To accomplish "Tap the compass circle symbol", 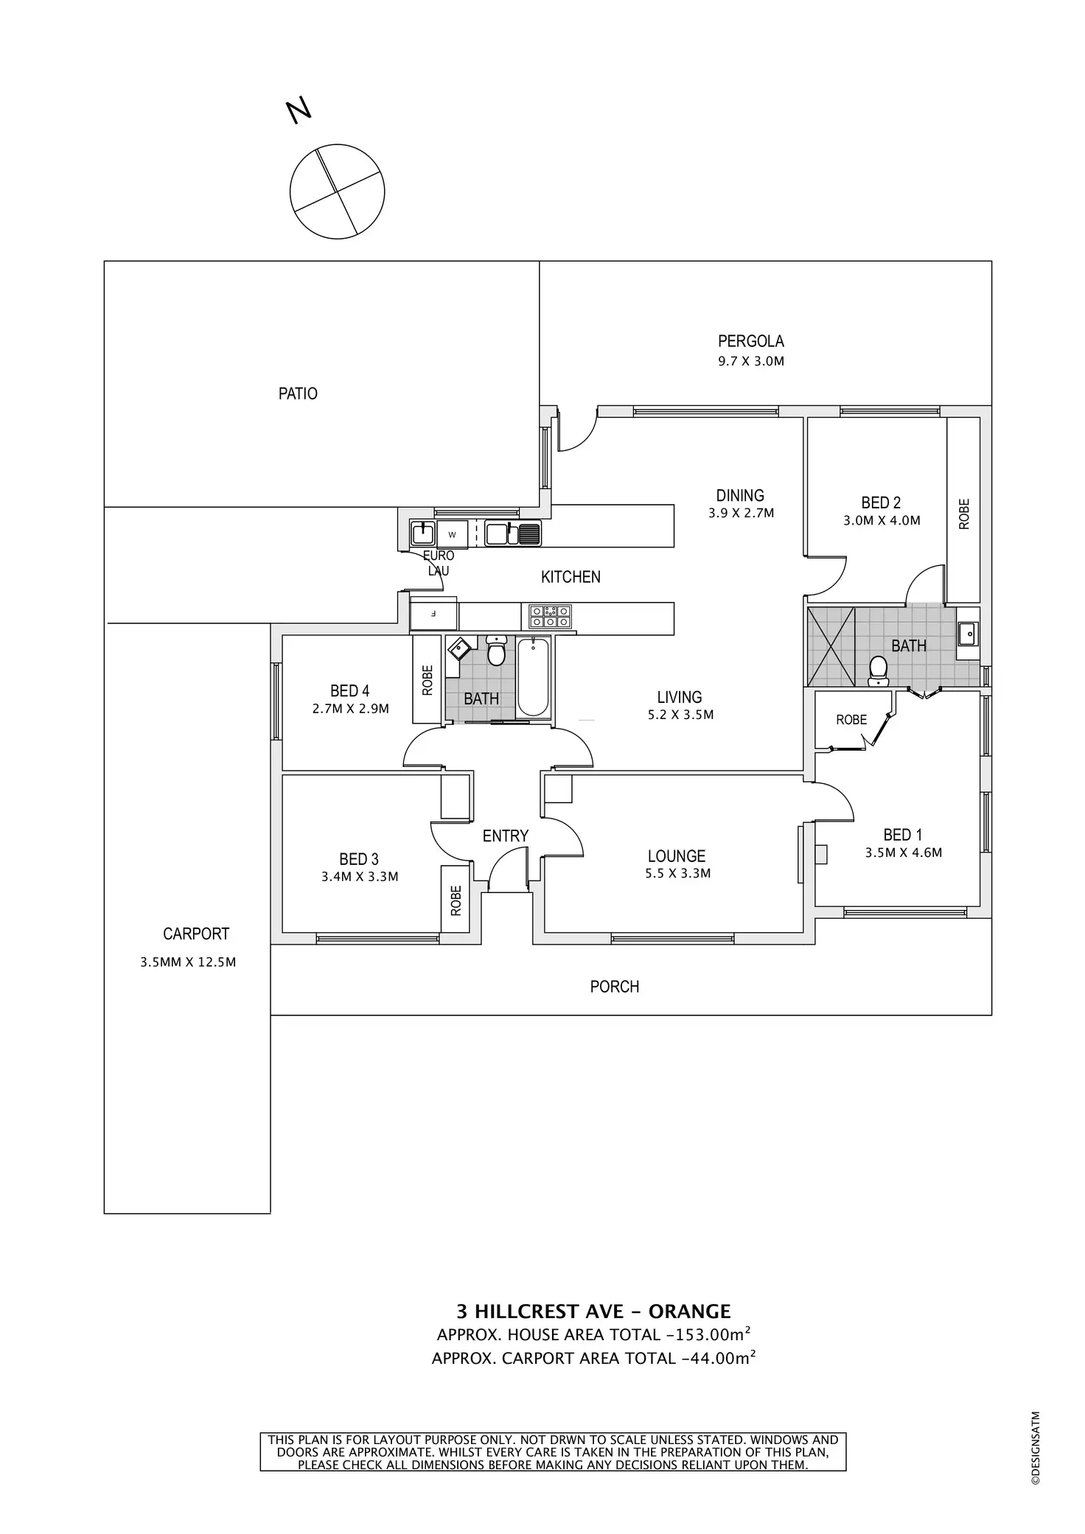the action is pos(337,192).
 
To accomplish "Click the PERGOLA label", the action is pos(750,341).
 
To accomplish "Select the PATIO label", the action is pos(298,393).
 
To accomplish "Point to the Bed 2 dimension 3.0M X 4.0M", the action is pos(882,520).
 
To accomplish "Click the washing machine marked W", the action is pos(453,533).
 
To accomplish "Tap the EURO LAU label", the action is pos(438,563).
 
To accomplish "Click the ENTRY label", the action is pos(505,836).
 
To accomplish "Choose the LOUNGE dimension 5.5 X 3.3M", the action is pos(677,874).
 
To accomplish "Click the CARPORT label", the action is pos(196,934).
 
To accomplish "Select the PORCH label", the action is pos(614,986).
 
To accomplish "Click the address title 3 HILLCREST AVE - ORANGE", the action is pos(593,1311).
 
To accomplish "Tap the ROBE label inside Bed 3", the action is pos(456,900).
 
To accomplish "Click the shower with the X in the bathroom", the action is pos(831,647).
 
